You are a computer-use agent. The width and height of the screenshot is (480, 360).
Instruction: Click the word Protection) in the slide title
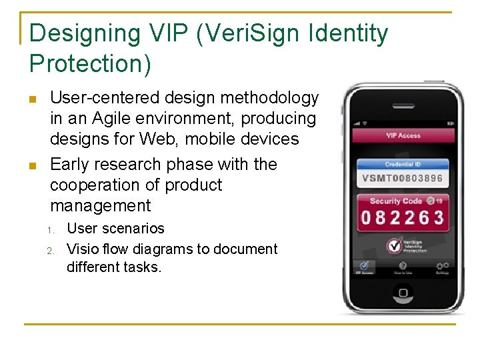pyautogui.click(x=91, y=64)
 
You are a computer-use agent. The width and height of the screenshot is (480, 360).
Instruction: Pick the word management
pyautogui.click(x=101, y=205)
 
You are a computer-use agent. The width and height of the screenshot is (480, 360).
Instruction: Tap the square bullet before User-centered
pyautogui.click(x=33, y=99)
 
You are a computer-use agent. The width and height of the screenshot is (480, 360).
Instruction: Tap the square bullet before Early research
pyautogui.click(x=33, y=165)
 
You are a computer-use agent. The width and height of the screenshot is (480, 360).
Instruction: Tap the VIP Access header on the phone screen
pyautogui.click(x=403, y=135)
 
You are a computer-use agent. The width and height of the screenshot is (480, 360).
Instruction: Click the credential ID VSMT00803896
pyautogui.click(x=403, y=178)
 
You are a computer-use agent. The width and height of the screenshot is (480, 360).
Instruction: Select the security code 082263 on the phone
pyautogui.click(x=403, y=217)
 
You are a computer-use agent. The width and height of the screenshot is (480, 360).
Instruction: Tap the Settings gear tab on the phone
pyautogui.click(x=442, y=267)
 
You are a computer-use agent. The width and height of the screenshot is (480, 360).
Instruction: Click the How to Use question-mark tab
pyautogui.click(x=403, y=267)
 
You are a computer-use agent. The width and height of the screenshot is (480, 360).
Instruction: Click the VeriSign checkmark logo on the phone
pyautogui.click(x=394, y=245)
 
